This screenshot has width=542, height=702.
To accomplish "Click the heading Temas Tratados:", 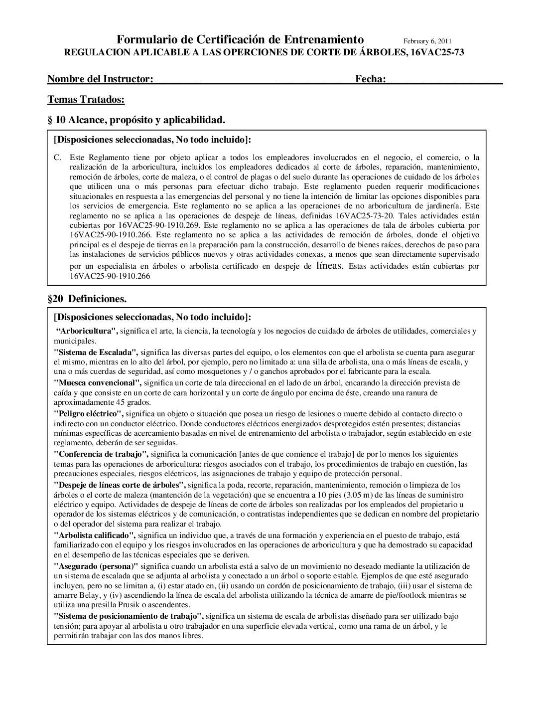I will point(86,100).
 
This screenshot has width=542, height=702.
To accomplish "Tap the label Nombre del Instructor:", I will point(100,79).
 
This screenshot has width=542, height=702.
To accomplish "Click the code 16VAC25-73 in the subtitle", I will point(438,52).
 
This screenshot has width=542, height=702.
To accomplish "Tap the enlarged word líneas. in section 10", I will point(330,266).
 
